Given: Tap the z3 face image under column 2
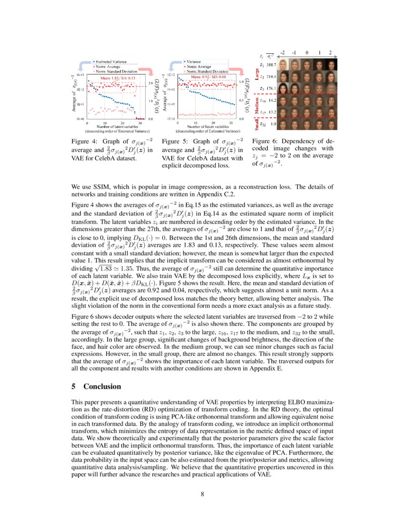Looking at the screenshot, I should (332, 88).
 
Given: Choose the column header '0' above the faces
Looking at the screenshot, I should (307, 53).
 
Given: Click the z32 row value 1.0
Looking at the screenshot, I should (273, 124).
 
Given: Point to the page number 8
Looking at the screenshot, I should (202, 493).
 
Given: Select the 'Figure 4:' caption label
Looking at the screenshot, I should (84, 141).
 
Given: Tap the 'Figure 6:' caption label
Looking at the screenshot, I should (265, 141).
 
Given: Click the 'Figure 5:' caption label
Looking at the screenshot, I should (175, 141).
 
